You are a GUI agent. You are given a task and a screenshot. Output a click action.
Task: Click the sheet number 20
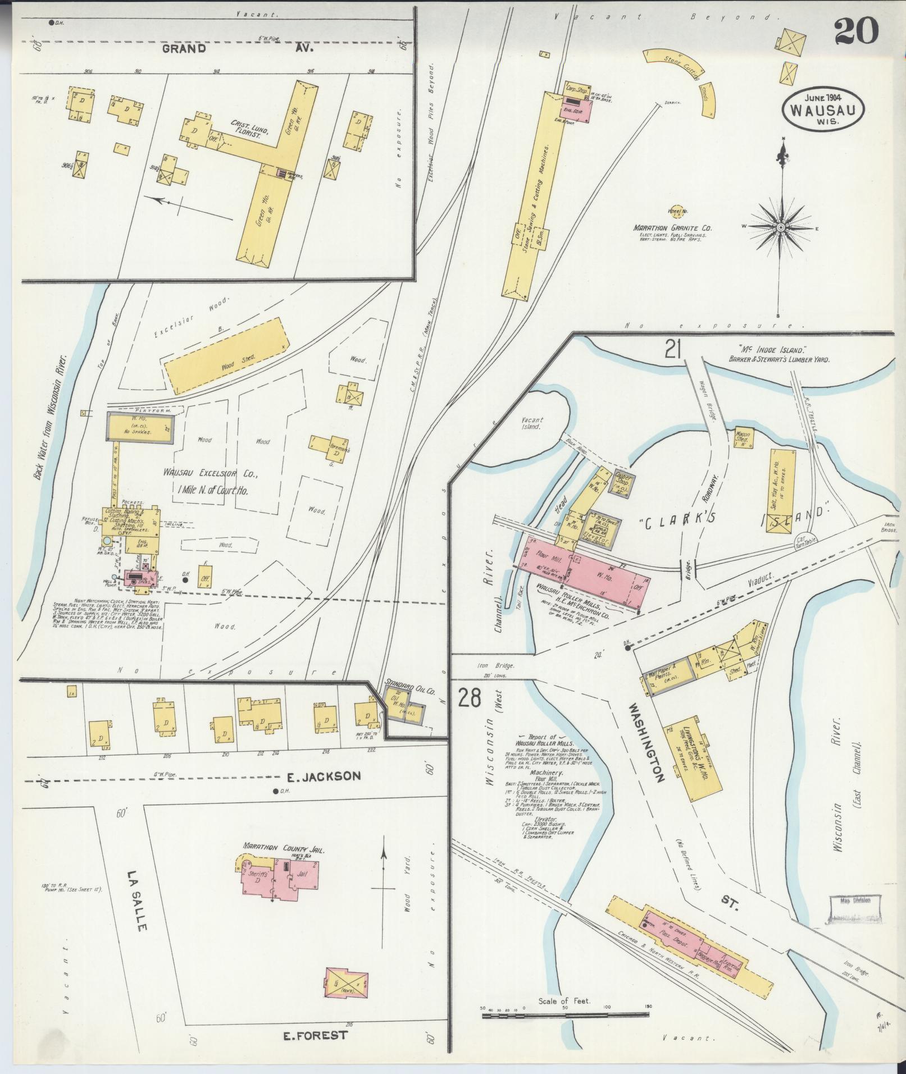click(855, 31)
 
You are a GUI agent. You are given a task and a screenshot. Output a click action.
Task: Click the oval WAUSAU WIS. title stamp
click(824, 111)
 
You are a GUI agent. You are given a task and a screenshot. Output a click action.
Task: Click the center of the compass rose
click(781, 227)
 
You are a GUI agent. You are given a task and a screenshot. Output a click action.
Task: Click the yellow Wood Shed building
click(226, 355)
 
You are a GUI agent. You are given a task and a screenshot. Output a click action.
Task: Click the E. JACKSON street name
click(323, 776)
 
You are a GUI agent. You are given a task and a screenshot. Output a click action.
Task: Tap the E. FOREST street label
click(315, 1035)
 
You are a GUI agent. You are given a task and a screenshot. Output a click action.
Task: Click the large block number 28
click(470, 698)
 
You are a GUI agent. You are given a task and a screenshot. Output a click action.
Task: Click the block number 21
click(672, 349)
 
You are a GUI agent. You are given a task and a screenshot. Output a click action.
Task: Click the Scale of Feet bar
click(564, 1014)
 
